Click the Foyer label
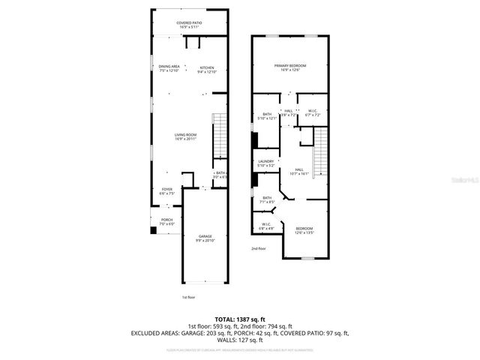(x=166, y=191)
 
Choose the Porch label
(x=166, y=222)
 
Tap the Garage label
(x=205, y=238)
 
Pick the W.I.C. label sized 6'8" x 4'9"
(x=266, y=226)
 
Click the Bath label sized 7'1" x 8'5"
(x=267, y=199)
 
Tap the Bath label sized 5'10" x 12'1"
(x=267, y=116)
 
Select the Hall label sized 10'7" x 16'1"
(x=298, y=172)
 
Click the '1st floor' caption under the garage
(x=189, y=298)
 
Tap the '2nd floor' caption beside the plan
(x=258, y=248)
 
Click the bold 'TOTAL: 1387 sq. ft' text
(x=240, y=319)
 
